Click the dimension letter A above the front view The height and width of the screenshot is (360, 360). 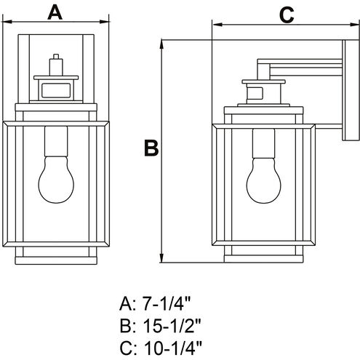tap(56, 12)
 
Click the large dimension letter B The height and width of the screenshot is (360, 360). tap(151, 148)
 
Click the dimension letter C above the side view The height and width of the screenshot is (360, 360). tap(286, 13)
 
